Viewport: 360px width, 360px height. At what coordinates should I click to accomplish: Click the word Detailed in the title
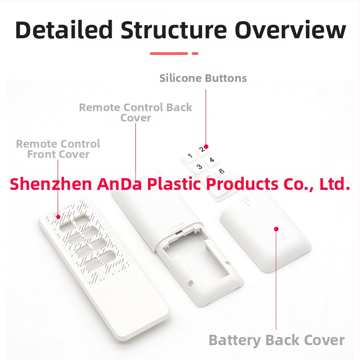(x=64, y=30)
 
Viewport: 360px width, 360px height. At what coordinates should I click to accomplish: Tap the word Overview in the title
(x=290, y=30)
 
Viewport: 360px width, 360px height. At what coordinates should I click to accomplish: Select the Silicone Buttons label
(x=203, y=78)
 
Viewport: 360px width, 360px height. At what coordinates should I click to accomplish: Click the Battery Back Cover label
(x=277, y=340)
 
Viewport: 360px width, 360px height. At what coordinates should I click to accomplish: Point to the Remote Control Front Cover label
(x=58, y=149)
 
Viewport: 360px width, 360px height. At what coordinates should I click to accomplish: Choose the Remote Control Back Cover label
(x=135, y=112)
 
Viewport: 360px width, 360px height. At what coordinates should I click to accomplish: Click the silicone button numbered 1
(x=189, y=156)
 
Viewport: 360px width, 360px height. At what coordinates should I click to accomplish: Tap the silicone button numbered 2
(x=202, y=149)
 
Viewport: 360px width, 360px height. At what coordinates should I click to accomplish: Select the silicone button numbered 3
(x=199, y=167)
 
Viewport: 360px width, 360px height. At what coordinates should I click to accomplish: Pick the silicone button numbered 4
(x=211, y=160)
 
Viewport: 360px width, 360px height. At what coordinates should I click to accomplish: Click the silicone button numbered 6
(x=221, y=171)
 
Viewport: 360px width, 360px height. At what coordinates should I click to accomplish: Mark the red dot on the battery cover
(x=276, y=229)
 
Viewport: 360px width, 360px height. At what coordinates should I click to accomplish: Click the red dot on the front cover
(x=58, y=217)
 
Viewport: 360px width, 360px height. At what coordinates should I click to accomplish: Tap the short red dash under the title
(x=195, y=54)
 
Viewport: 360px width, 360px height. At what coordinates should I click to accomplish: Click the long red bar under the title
(x=169, y=54)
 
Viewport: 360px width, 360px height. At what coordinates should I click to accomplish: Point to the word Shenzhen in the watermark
(x=51, y=184)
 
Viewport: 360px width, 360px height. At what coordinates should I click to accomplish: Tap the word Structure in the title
(x=174, y=30)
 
